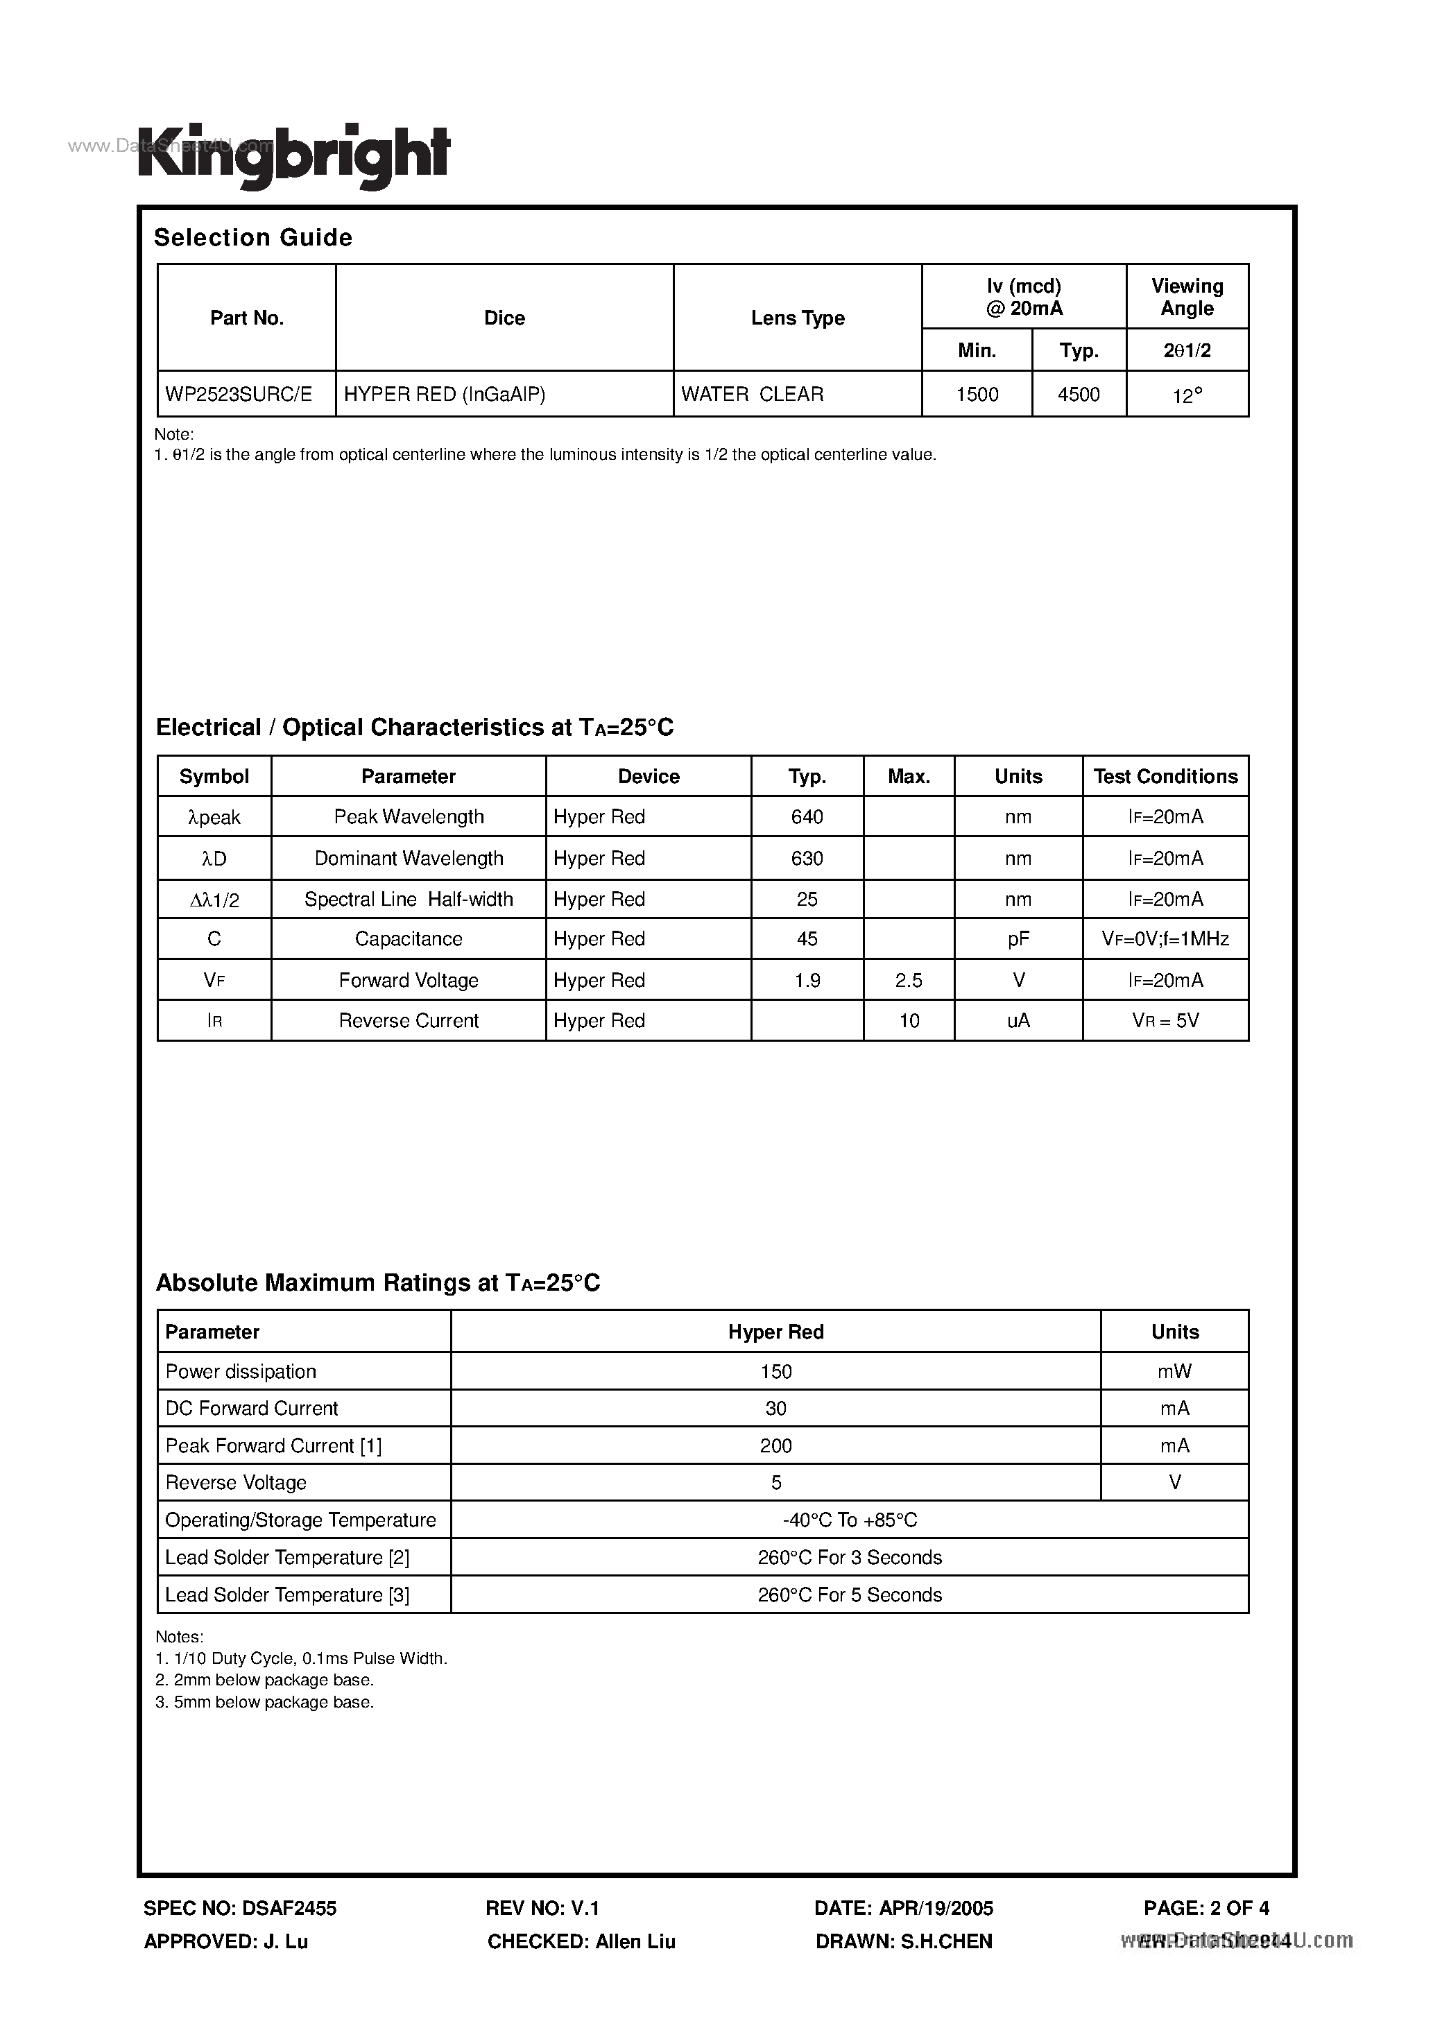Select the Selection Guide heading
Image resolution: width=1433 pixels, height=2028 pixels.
252,238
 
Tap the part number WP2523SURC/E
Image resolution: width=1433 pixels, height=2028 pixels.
239,394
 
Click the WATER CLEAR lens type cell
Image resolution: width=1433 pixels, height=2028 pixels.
752,394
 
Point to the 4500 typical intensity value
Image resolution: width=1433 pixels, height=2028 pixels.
1079,395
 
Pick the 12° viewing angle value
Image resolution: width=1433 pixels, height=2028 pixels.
1187,396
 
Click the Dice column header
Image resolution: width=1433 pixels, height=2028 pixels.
504,318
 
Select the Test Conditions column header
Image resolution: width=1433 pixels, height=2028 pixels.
1165,776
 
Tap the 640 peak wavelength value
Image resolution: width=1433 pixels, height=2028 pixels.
807,817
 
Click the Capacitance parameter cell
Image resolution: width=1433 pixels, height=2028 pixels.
408,939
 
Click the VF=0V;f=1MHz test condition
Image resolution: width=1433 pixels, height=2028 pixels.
1165,939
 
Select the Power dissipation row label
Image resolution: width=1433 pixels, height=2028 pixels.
240,1372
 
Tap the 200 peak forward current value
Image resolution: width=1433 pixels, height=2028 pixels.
775,1446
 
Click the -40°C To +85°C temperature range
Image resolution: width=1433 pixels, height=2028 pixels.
850,1520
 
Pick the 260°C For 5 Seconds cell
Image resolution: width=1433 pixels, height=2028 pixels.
850,1595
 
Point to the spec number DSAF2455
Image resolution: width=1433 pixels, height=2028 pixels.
240,1909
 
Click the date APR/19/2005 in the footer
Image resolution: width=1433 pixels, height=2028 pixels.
904,1909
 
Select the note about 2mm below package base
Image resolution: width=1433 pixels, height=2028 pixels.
265,1680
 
